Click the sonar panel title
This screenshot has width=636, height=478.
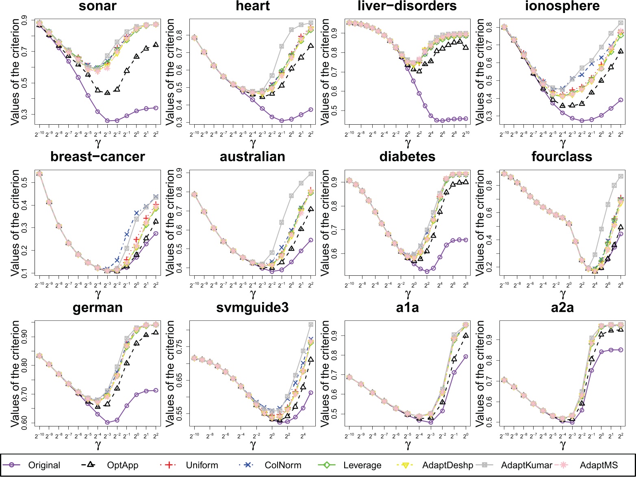coord(98,6)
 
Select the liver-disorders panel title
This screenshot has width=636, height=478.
coord(407,6)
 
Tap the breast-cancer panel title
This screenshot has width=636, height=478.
coord(98,157)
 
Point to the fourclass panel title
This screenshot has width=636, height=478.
coord(562,157)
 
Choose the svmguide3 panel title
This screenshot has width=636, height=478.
coord(252,308)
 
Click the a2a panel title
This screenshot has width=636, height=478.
coord(562,308)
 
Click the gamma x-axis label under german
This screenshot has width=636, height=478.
coord(98,445)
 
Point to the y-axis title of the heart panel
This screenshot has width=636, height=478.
coord(171,71)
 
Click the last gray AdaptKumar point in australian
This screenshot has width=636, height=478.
coord(311,174)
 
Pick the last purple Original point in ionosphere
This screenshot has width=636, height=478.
coord(621,100)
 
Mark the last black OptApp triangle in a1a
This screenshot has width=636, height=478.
coord(466,335)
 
